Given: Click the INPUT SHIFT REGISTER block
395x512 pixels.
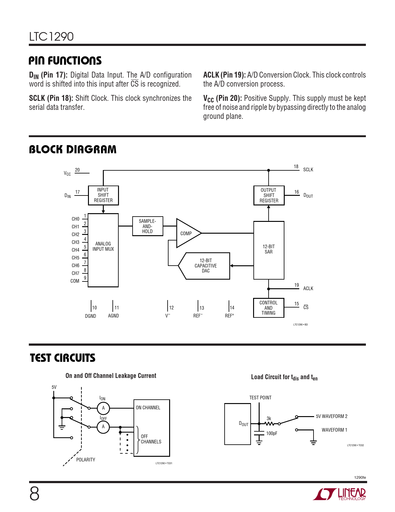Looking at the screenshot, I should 103,195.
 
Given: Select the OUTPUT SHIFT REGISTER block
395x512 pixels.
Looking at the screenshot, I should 269,195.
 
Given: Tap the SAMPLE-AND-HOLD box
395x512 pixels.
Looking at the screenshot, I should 147,226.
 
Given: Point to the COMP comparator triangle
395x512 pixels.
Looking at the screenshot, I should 187,233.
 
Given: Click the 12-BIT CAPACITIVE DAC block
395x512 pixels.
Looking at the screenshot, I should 206,266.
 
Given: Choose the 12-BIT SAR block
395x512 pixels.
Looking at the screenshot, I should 269,249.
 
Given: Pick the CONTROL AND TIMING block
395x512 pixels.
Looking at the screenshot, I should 268,308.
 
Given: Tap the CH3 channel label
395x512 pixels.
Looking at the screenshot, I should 76,242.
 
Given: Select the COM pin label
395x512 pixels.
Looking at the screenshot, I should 75,281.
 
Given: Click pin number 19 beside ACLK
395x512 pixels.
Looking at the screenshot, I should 296,285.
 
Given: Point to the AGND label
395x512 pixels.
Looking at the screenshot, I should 113,316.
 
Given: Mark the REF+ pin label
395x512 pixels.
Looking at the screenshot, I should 229,316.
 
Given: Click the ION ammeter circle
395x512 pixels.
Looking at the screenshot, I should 103,408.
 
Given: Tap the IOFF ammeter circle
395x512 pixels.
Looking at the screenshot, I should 103,427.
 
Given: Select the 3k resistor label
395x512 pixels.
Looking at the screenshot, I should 269,419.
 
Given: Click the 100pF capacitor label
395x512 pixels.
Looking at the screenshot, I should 272,433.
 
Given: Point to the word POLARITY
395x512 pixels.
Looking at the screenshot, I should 86,460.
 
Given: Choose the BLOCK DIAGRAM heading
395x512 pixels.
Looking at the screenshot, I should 73,150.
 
